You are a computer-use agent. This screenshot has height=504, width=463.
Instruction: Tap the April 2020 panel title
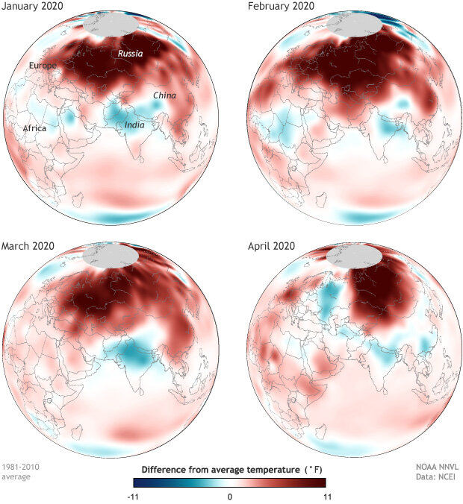coord(273,245)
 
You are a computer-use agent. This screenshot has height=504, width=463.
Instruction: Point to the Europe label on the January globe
coord(43,66)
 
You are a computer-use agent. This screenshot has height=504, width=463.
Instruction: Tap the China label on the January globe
coord(164,95)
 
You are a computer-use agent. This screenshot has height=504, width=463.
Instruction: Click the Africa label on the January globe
coord(34,128)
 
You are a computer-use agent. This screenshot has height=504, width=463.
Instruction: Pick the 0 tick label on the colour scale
coord(231,495)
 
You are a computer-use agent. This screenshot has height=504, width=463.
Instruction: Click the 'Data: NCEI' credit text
coord(438,477)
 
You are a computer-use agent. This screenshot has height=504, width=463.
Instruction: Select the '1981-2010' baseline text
coord(21,467)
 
